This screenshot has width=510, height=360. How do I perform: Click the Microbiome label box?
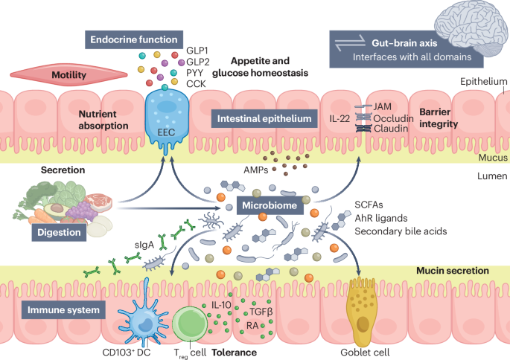click(272, 205)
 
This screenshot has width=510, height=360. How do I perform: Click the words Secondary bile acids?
click(400, 231)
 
